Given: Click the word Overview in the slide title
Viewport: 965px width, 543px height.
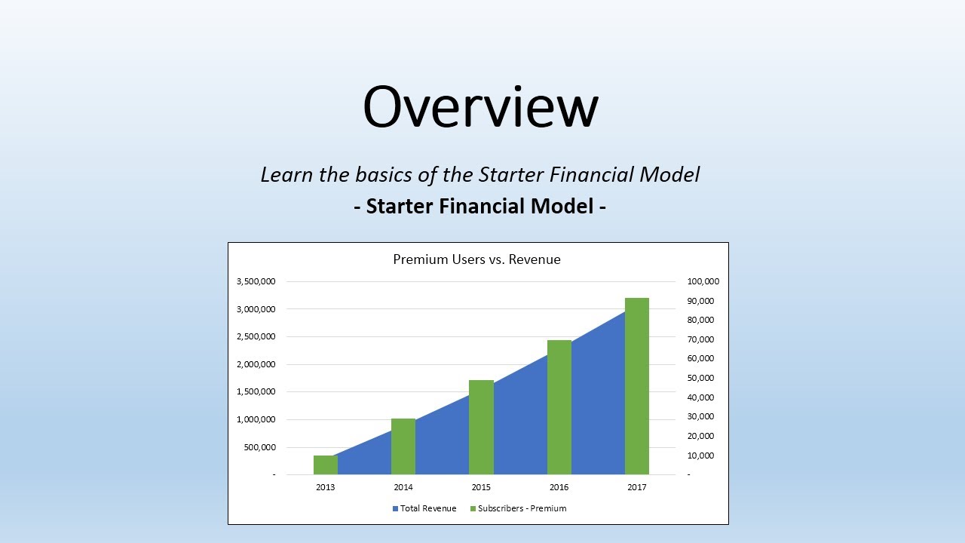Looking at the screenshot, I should point(480,106).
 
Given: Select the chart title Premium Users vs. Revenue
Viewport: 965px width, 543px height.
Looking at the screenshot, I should point(476,259).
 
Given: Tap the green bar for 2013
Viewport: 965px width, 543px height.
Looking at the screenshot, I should point(325,465).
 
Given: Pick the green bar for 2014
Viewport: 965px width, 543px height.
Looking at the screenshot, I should point(403,446).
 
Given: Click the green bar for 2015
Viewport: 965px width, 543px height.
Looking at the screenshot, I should point(481,427).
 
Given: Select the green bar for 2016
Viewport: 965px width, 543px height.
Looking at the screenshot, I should point(559,407).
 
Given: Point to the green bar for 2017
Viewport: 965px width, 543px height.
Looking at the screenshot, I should point(636,386).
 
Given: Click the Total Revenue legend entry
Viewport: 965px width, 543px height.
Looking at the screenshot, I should point(424,508).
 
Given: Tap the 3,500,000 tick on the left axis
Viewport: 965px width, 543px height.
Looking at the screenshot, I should point(256,281).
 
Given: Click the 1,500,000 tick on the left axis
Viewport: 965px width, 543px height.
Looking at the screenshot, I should point(256,392).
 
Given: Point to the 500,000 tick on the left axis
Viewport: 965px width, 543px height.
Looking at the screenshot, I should point(259,447).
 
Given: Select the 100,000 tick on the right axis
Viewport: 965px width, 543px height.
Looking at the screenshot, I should point(703,281).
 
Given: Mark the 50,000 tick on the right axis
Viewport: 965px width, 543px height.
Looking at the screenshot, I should point(700,378).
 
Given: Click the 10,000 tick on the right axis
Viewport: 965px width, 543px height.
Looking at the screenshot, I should point(700,456).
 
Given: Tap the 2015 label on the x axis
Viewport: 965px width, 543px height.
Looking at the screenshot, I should point(481,487).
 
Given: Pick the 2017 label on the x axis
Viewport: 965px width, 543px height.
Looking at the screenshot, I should point(636,487).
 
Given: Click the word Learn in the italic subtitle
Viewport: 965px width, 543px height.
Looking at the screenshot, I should point(286,175).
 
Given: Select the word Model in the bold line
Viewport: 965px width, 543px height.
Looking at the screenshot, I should point(565,206).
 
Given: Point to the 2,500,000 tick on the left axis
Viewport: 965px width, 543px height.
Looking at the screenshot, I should point(256,337).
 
